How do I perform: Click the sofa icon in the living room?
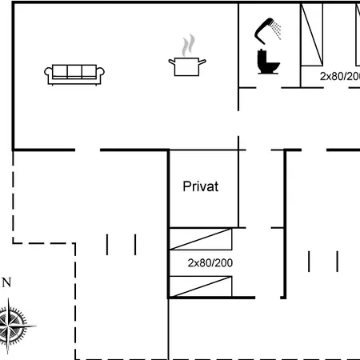[74, 75]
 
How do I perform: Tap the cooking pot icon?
[187, 66]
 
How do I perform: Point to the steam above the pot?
[188, 45]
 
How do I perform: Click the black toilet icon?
[268, 62]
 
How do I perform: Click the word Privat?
[201, 186]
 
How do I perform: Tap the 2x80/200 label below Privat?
[210, 263]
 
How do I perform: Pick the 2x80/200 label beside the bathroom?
[340, 76]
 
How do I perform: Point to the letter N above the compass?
[6, 282]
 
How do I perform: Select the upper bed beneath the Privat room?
[201, 239]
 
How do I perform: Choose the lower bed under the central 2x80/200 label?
[201, 286]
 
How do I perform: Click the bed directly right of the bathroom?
[312, 34]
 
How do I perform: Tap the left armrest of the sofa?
[49, 74]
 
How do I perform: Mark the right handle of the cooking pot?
[202, 62]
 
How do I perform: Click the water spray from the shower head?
[276, 30]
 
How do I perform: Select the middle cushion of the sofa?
[74, 71]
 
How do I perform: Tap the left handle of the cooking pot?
[172, 62]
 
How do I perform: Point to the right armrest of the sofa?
[100, 74]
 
